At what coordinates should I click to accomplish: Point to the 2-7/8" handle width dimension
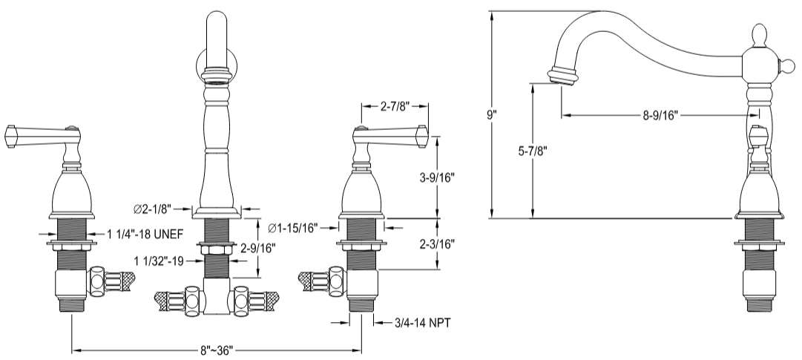point(394,106)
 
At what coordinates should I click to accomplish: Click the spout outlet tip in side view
point(562,76)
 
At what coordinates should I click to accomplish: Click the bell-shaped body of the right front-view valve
point(361,194)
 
